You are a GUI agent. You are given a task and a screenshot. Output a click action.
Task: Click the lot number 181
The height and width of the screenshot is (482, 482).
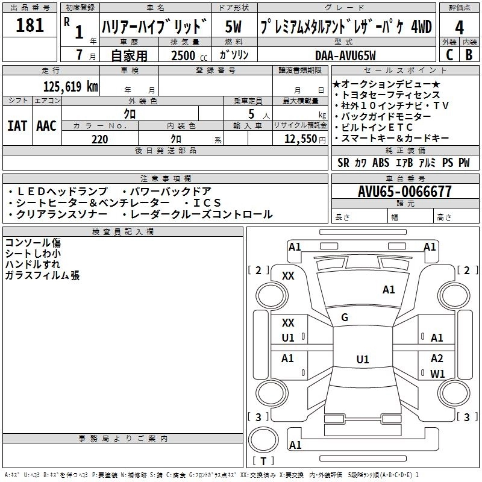pos(30,25)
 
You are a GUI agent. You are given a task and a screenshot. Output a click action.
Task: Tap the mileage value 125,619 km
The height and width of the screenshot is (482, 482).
pos(70,87)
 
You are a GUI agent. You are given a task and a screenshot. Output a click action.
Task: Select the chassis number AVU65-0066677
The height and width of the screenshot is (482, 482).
pos(405,192)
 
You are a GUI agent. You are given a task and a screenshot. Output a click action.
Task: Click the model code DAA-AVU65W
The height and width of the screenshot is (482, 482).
pos(345,55)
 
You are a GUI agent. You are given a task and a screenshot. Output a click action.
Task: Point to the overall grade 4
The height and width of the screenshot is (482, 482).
pos(459,28)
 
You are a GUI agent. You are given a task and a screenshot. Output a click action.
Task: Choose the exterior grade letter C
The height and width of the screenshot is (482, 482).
pos(449,55)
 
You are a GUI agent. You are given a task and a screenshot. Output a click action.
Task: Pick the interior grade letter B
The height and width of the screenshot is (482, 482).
pos(469,55)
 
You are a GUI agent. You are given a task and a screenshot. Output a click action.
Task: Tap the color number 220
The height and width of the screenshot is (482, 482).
pos(100,139)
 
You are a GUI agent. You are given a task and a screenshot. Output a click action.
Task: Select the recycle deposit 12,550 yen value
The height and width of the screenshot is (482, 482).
pos(305,139)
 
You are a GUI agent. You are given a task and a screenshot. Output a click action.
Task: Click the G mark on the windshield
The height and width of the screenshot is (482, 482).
pos(345,317)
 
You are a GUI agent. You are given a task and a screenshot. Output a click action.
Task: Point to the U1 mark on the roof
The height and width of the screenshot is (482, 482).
pos(363,359)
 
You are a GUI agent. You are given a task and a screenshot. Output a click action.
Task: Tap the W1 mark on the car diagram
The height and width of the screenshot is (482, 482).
pos(437,374)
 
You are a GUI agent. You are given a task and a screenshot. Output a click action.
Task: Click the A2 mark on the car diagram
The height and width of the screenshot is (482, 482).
pos(437,358)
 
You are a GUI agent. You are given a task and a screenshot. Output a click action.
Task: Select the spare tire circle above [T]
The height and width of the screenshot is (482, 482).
pos(263,440)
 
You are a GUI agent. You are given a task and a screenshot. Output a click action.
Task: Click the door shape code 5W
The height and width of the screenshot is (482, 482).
pos(233,27)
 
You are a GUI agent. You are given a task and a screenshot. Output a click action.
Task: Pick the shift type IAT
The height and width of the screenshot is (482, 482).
pos(17,126)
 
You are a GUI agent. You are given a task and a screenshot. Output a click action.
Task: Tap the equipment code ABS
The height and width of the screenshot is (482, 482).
pos(381,163)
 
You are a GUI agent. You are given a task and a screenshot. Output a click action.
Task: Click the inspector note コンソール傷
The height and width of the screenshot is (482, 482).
pos(33,243)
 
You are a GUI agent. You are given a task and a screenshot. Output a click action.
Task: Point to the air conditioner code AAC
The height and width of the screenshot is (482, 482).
pos(46,126)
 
